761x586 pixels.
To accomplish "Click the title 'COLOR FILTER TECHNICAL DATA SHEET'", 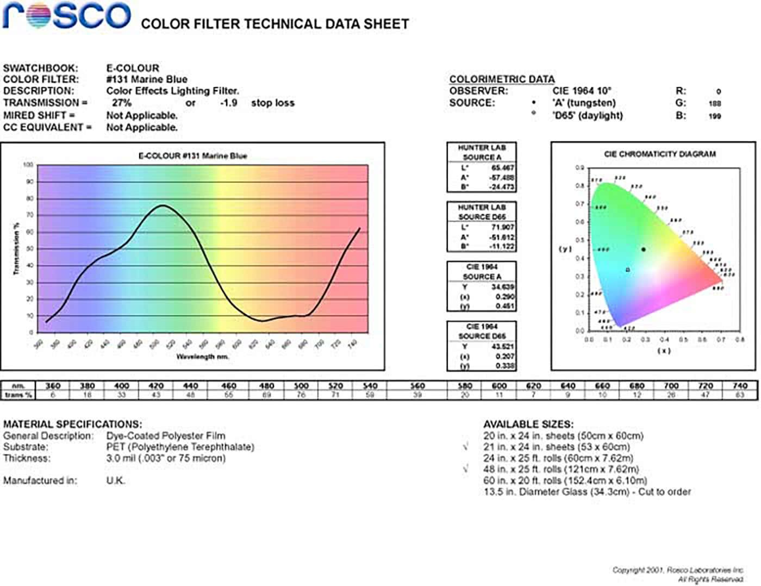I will [x=275, y=24].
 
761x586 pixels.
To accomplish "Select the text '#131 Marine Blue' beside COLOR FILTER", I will [x=146, y=79].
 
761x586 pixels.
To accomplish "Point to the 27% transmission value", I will [x=122, y=103].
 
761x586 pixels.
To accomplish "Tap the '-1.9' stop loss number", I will [x=229, y=103].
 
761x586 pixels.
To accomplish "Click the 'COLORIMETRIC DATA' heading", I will [x=502, y=79].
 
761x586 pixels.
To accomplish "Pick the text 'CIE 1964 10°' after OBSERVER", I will [x=582, y=91].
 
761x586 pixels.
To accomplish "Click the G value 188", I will [x=714, y=103].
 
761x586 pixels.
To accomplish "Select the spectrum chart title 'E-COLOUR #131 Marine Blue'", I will [x=192, y=156].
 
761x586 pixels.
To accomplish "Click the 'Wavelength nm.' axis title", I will [x=202, y=357].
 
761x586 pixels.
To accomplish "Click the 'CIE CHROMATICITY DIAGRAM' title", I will [x=660, y=154].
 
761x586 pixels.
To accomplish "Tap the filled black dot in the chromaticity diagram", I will [x=644, y=250].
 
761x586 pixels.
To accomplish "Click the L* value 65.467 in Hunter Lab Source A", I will [x=502, y=168].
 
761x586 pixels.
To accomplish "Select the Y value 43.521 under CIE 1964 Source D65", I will [x=502, y=346].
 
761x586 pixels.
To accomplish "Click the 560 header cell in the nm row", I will [x=417, y=386].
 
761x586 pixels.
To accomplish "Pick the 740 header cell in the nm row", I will [x=739, y=386].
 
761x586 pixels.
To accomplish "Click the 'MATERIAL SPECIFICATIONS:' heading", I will [x=72, y=424].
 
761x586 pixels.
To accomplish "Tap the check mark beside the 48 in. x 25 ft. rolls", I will [x=466, y=469].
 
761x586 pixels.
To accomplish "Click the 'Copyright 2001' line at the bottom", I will [x=677, y=570].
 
